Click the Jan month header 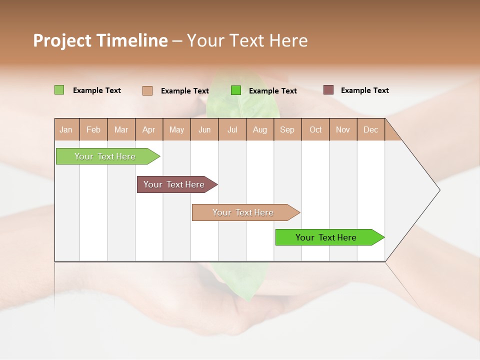pyautogui.click(x=66, y=129)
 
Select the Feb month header pyautogui.click(x=93, y=129)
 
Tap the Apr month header pyautogui.click(x=148, y=129)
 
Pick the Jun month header pyautogui.click(x=204, y=129)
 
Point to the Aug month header pyautogui.click(x=260, y=129)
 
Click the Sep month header pyautogui.click(x=287, y=129)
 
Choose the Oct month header pyautogui.click(x=315, y=129)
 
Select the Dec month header pyautogui.click(x=370, y=129)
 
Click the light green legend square pyautogui.click(x=59, y=90)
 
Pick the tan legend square pyautogui.click(x=147, y=90)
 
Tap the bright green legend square pyautogui.click(x=236, y=90)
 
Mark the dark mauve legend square pyautogui.click(x=328, y=90)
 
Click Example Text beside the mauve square pyautogui.click(x=364, y=90)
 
